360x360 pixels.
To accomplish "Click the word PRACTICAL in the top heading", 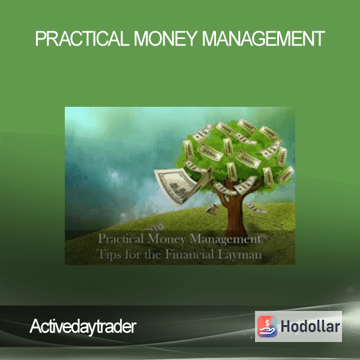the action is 82,38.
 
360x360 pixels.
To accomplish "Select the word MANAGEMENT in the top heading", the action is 263,38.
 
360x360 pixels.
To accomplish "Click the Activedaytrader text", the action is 83,326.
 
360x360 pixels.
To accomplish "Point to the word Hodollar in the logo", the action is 310,326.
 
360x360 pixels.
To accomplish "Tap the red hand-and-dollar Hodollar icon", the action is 267,326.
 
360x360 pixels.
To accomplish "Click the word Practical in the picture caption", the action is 121,239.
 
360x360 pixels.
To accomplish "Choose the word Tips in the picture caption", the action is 109,254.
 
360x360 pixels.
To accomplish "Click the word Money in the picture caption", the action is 166,239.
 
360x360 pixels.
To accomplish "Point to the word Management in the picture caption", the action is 225,239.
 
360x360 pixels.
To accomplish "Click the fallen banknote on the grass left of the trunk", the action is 212,209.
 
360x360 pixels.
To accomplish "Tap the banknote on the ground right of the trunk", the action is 256,208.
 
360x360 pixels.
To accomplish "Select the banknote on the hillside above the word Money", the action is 157,227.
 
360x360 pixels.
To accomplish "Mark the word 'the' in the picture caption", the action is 152,254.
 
